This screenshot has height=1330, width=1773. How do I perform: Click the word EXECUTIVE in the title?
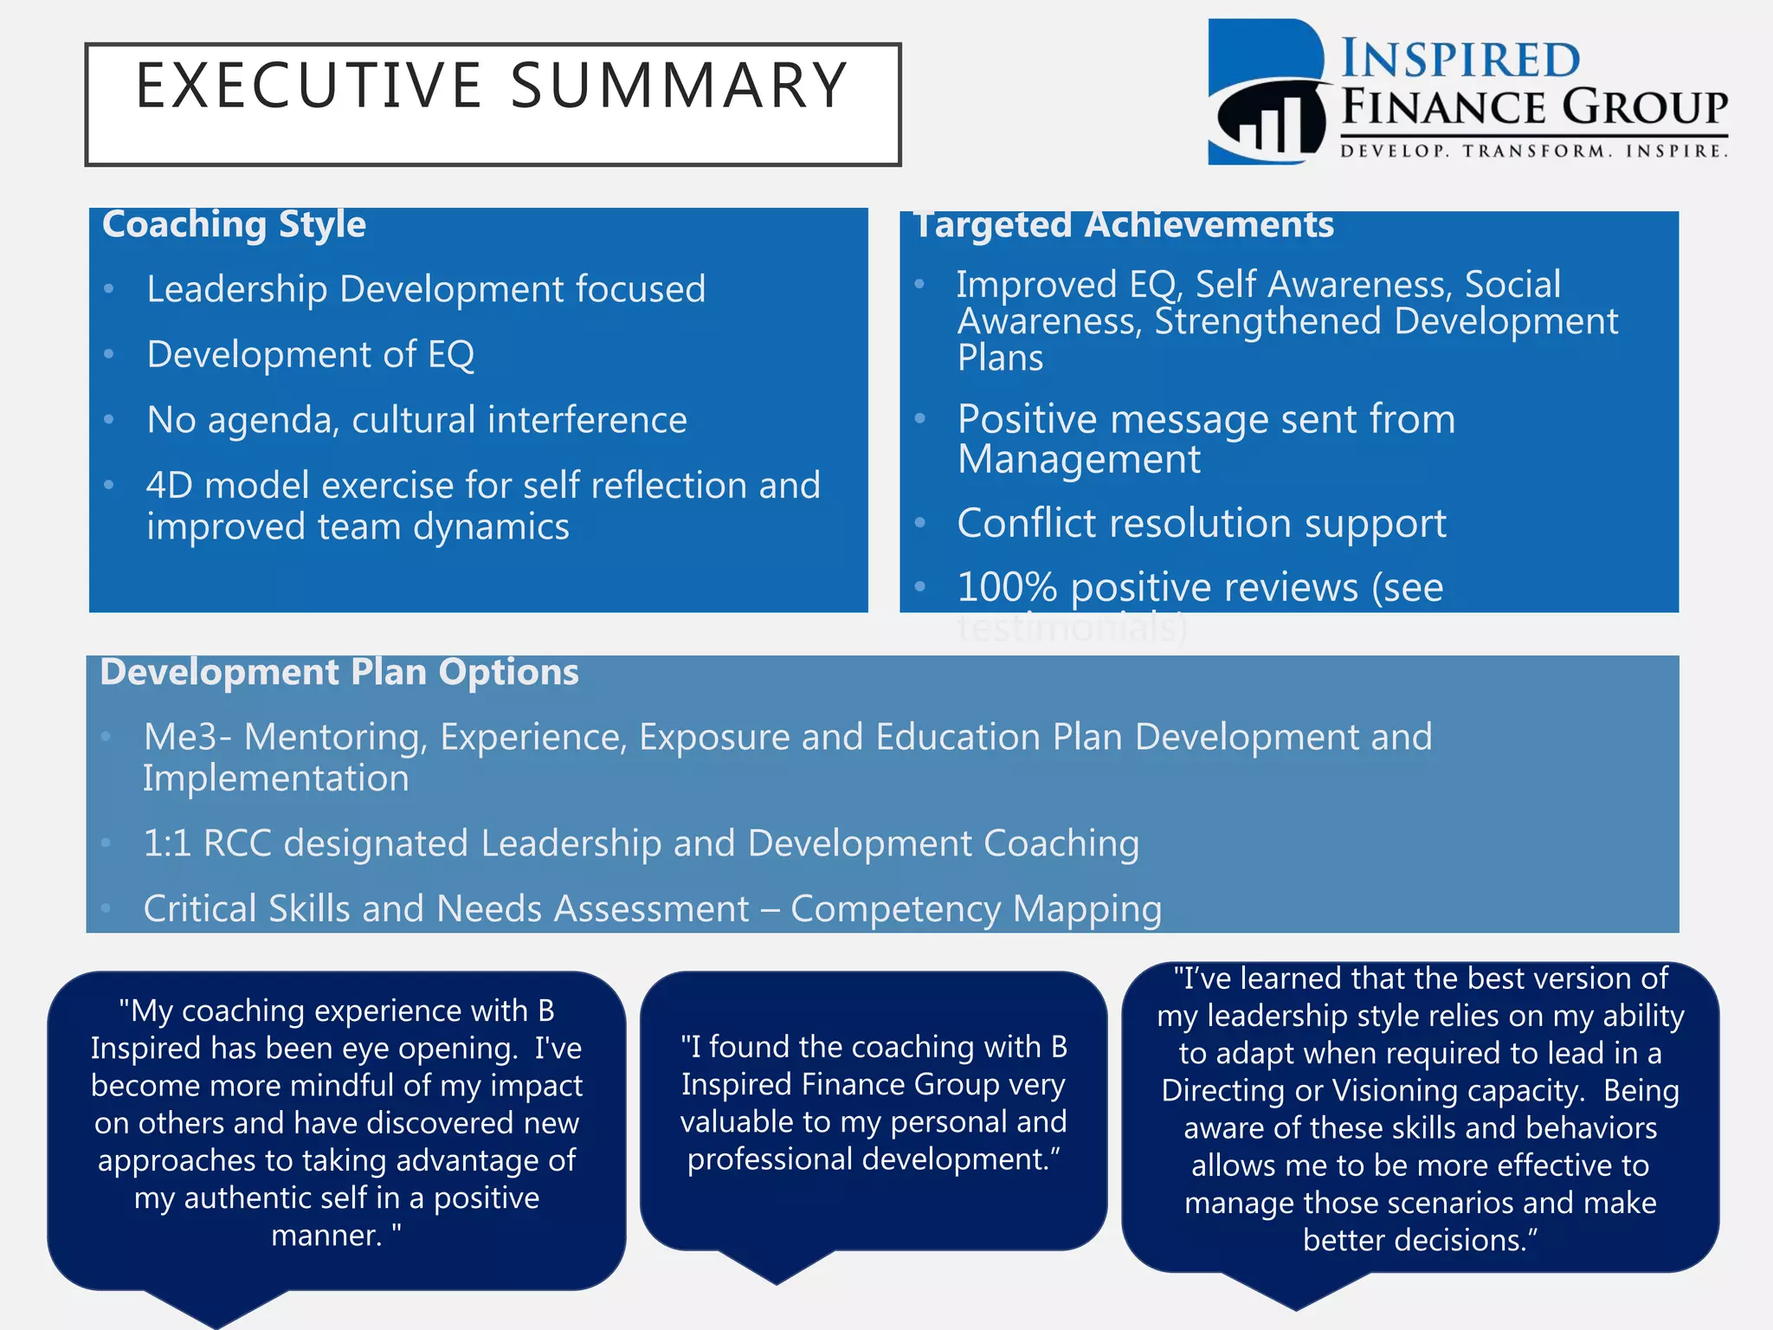click(308, 86)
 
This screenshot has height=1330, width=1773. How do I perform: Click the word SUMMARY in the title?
click(679, 86)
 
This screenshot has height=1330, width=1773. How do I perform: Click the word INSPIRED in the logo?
click(1460, 61)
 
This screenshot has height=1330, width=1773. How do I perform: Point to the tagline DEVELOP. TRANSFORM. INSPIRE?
click(1533, 152)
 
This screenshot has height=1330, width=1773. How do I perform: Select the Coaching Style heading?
click(234, 224)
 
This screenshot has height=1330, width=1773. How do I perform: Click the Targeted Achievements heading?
click(1124, 225)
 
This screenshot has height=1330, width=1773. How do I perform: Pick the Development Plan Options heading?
click(339, 673)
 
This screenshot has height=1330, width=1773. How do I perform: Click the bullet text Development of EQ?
click(310, 354)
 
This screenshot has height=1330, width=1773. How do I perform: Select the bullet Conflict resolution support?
click(1201, 524)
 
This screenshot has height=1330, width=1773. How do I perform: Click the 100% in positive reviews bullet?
click(1007, 588)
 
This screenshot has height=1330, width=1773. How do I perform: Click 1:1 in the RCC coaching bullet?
click(166, 843)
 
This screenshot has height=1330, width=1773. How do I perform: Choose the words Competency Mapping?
click(976, 909)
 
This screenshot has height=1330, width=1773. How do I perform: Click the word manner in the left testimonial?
click(326, 1236)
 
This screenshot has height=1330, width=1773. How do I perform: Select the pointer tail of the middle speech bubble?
click(777, 1268)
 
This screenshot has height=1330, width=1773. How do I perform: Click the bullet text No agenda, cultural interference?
click(416, 420)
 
